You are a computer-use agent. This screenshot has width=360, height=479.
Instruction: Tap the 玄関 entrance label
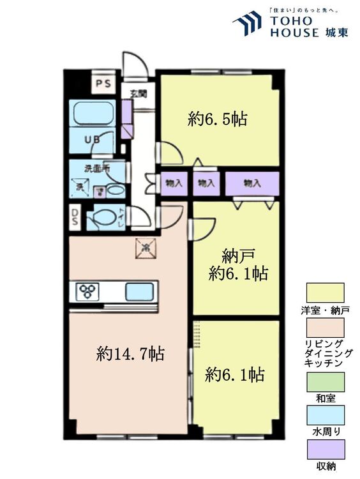(x=139, y=93)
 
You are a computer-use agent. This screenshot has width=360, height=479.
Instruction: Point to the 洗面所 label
(x=96, y=169)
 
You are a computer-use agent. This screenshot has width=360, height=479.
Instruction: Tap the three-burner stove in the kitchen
(x=87, y=292)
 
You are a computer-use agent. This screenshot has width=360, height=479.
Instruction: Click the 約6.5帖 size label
(x=218, y=118)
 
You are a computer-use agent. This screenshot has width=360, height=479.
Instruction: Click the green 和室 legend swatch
(x=325, y=381)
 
